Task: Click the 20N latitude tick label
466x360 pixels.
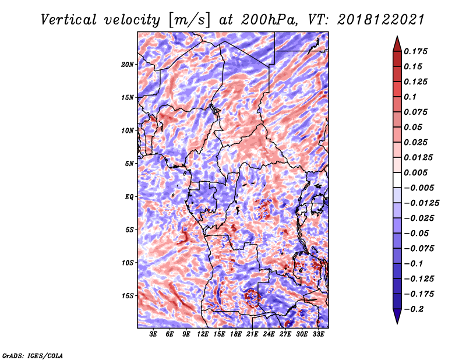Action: [128, 64]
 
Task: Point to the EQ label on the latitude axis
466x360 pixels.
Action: [129, 197]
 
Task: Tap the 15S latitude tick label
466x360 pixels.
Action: [128, 296]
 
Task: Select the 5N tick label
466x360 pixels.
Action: [129, 164]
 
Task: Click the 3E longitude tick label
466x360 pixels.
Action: [153, 334]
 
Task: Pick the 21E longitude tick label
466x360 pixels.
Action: [252, 334]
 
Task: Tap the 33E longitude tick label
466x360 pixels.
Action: [318, 334]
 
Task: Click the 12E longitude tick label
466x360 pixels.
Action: [202, 334]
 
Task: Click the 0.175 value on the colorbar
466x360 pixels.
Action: [415, 51]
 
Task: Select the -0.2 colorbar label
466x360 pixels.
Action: [414, 309]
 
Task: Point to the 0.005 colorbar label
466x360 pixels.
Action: [415, 172]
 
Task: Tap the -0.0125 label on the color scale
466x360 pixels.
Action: [421, 203]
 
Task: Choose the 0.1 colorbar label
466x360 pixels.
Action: [410, 97]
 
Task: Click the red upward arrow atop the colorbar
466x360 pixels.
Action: [397, 44]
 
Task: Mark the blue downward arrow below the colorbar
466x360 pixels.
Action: [397, 316]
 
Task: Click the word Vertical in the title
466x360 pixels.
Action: [69, 20]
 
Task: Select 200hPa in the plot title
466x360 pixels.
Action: [269, 20]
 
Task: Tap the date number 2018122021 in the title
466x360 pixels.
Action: [381, 20]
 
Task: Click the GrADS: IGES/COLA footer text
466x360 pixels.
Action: [33, 355]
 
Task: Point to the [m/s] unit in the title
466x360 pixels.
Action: [189, 20]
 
